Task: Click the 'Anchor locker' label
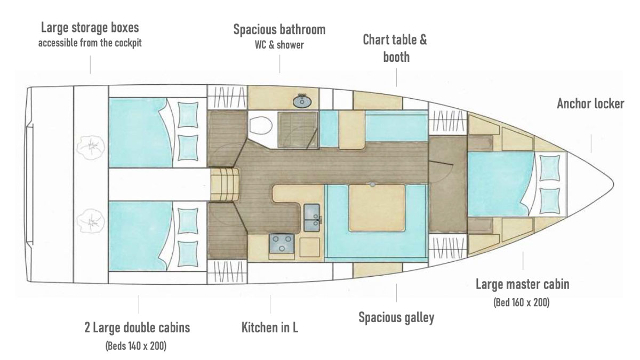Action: [x=590, y=103]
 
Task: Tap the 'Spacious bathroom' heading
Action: [x=279, y=29]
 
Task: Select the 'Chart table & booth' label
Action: [x=395, y=49]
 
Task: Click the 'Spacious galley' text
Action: [x=396, y=318]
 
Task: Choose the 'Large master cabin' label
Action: [x=523, y=284]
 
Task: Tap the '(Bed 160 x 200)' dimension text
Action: [x=523, y=303]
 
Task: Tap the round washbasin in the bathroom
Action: [x=302, y=100]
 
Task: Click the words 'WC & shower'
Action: [x=279, y=45]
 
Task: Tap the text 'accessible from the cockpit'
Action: [x=90, y=43]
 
